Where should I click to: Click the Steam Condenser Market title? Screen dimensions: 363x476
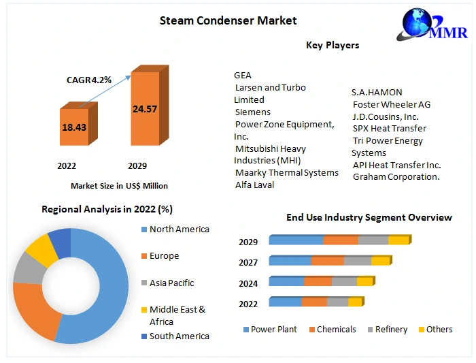228,20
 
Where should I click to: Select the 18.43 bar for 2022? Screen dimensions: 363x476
73,127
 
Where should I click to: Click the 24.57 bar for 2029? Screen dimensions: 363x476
144,109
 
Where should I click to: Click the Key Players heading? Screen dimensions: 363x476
333,45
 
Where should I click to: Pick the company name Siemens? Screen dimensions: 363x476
252,112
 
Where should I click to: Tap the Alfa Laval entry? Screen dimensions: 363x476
254,185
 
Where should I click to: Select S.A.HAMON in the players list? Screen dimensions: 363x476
377,92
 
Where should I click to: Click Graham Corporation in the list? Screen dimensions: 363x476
396,176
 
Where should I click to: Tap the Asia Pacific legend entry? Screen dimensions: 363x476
171,283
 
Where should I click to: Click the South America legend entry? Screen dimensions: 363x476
179,336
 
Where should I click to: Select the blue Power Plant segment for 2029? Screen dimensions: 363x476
296,240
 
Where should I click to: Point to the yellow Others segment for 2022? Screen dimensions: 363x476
355,302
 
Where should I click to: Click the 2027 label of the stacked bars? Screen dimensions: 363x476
248,263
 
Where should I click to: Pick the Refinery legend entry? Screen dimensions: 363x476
391,330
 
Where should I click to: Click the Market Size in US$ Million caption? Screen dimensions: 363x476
119,186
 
